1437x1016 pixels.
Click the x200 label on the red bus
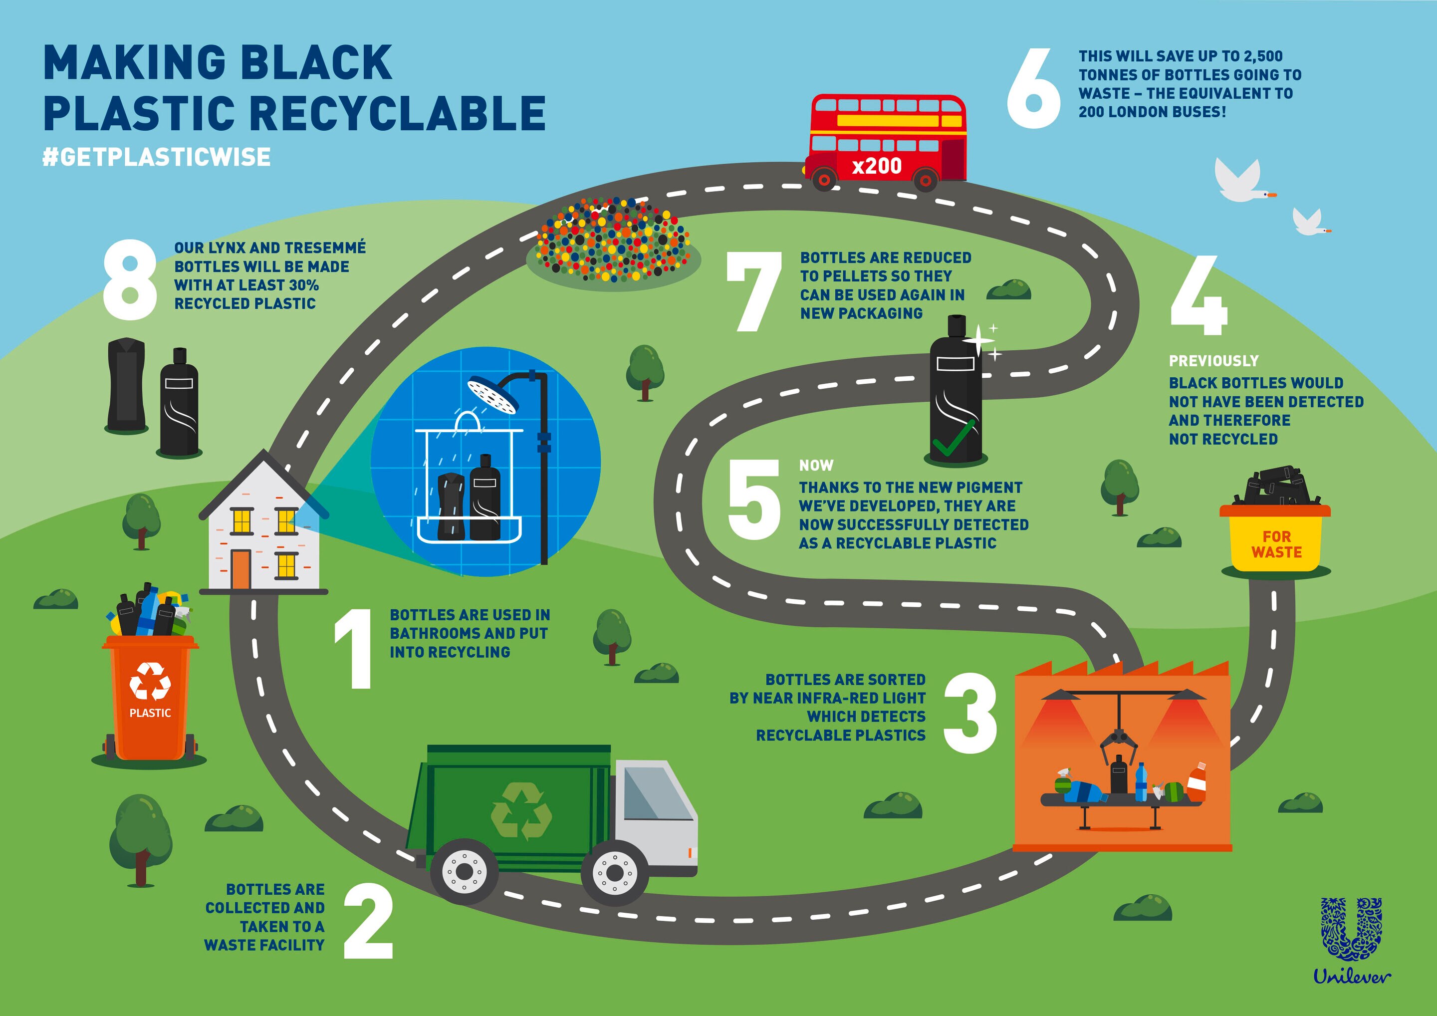[877, 166]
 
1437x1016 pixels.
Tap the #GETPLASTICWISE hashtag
[157, 157]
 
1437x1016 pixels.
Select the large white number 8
[130, 280]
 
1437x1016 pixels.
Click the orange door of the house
[241, 569]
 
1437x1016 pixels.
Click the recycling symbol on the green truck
[521, 811]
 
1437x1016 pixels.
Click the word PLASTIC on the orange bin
[150, 713]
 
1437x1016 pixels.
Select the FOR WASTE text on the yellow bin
[1276, 544]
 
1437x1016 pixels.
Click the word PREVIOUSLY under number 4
[1213, 361]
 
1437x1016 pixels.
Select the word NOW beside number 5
[816, 466]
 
